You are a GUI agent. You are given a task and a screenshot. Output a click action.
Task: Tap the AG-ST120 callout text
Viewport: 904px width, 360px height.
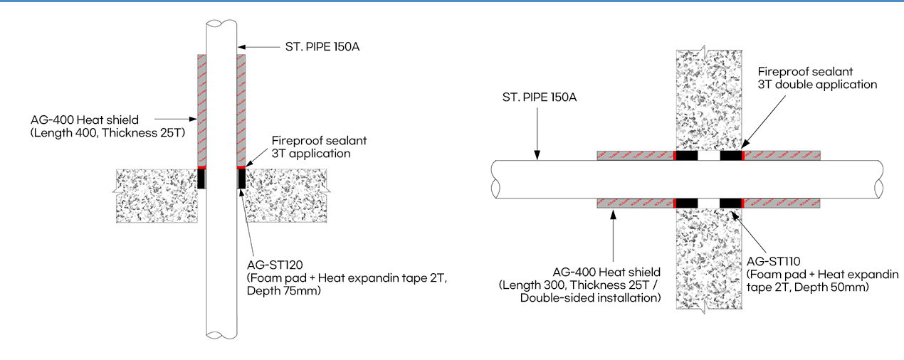point(274,265)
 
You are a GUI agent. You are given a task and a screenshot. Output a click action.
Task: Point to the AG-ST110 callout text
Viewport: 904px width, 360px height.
point(779,261)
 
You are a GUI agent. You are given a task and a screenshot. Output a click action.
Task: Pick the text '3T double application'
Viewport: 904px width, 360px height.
point(817,84)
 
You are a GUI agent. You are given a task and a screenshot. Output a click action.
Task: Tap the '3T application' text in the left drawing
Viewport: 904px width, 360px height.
point(310,153)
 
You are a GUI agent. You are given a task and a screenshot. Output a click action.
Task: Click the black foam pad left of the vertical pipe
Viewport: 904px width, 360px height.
point(201,179)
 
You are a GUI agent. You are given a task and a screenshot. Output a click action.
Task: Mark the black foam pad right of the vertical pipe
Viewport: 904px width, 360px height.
point(241,179)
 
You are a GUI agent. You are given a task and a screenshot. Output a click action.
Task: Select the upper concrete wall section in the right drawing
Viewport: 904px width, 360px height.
point(708,100)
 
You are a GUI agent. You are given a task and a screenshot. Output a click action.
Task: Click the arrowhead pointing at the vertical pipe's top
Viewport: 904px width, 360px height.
point(242,48)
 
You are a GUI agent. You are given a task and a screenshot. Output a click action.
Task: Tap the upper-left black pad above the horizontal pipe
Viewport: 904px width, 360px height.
point(685,156)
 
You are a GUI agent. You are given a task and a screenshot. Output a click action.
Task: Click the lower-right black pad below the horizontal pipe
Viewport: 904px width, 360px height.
point(730,203)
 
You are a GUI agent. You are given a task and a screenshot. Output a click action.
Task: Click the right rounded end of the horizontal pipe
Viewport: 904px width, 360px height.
point(879,179)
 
